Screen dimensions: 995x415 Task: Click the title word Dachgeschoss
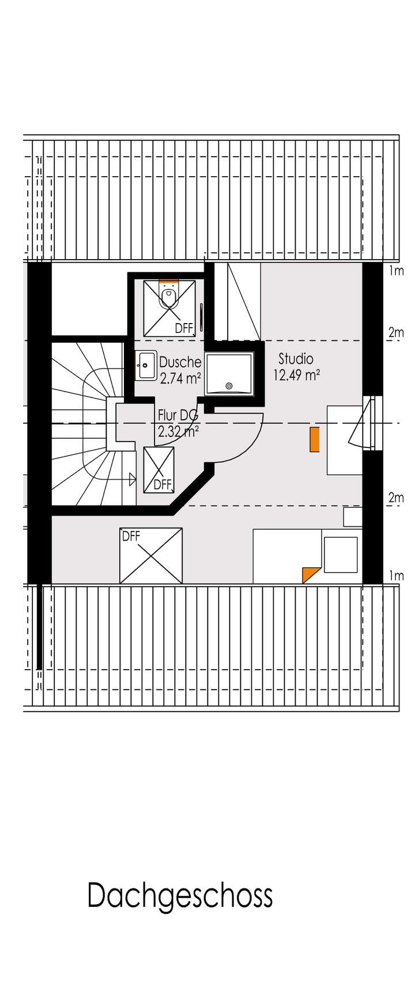pos(180,897)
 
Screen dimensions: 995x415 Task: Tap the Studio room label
pos(296,359)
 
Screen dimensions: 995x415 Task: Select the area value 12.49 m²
pos(296,375)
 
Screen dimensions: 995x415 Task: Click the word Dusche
pos(180,362)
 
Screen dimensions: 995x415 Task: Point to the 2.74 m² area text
pos(180,378)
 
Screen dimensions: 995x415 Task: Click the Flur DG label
pos(178,415)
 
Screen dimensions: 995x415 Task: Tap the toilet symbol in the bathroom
pos(169,297)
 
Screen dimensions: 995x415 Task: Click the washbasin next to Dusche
pos(146,365)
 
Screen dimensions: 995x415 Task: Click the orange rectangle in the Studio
pos(314,439)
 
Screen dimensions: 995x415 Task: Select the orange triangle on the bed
pos(310,574)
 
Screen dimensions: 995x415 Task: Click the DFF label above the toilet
pos(184,328)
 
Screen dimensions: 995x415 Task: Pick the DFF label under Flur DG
pos(163,485)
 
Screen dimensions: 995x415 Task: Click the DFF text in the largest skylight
pos(131,536)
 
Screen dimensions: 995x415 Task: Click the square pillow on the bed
pos(340,555)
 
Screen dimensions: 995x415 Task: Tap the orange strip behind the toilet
pos(169,283)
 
